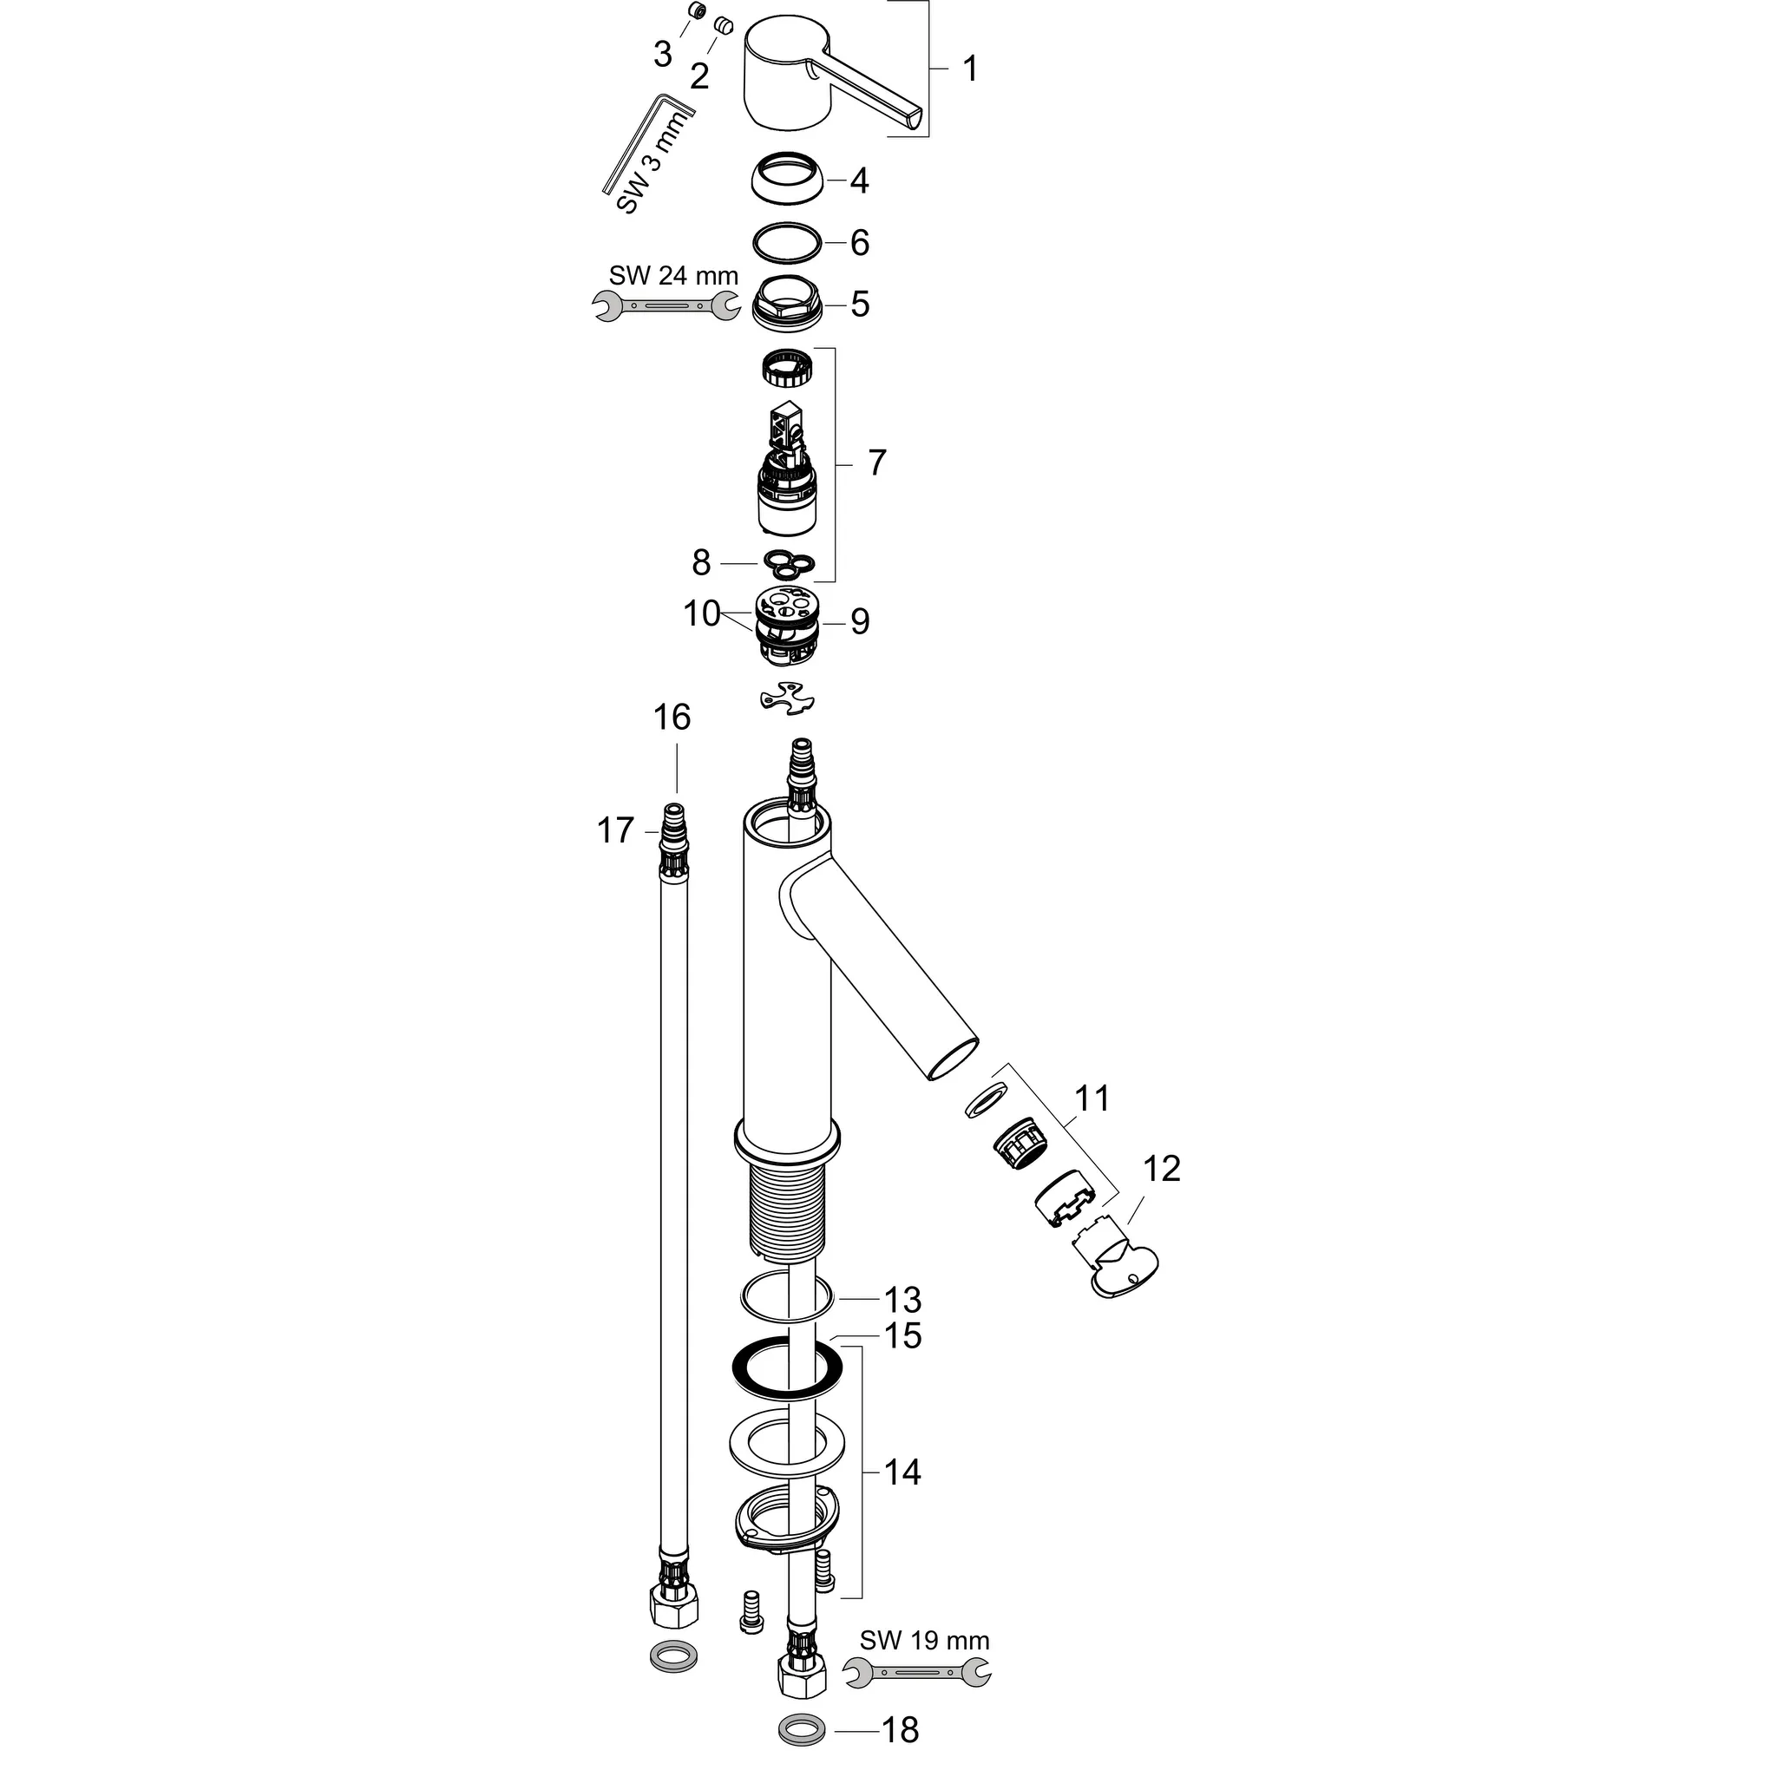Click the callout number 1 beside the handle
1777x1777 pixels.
(969, 69)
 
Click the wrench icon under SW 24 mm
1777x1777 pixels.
(666, 306)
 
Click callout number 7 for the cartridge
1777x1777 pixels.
(876, 462)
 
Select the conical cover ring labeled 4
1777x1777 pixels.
(788, 178)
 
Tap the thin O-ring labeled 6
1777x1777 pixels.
(786, 244)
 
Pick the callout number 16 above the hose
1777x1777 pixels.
(672, 718)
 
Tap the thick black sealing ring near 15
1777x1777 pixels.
(787, 1380)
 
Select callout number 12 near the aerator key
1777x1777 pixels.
(1161, 1169)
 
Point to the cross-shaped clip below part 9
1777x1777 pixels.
(787, 698)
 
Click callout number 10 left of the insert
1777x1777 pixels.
(701, 613)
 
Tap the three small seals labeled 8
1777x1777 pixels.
(790, 563)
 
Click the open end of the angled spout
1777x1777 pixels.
(952, 1058)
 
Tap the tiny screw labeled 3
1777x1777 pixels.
(698, 11)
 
